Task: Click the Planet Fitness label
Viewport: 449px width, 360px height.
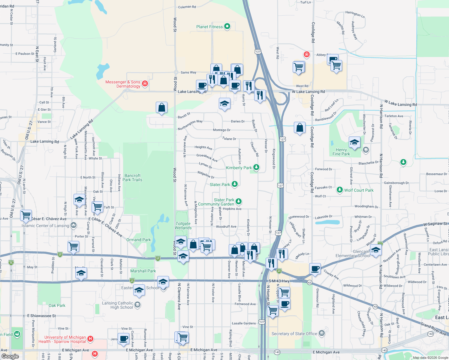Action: pyautogui.click(x=209, y=27)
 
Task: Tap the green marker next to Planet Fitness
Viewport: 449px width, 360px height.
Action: pyautogui.click(x=227, y=26)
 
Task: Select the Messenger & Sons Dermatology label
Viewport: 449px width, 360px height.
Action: pyautogui.click(x=123, y=84)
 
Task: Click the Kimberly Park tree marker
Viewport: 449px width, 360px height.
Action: pyautogui.click(x=256, y=167)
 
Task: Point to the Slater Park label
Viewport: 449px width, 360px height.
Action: pyautogui.click(x=220, y=184)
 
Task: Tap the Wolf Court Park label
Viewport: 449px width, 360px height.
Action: pyautogui.click(x=359, y=190)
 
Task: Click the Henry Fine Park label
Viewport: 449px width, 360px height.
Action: pyautogui.click(x=341, y=152)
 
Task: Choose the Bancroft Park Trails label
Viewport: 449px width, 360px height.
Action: pyautogui.click(x=132, y=178)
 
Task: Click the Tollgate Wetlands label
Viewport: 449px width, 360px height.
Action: pyautogui.click(x=183, y=226)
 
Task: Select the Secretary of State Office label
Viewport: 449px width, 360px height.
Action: pyautogui.click(x=294, y=334)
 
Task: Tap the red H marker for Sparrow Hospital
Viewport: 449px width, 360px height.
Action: pyautogui.click(x=90, y=339)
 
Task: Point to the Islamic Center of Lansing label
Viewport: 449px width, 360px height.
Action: pyautogui.click(x=45, y=226)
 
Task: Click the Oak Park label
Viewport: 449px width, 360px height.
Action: pyautogui.click(x=57, y=305)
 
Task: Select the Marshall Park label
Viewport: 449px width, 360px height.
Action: pyautogui.click(x=143, y=271)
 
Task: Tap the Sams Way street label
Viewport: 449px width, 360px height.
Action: pyautogui.click(x=188, y=72)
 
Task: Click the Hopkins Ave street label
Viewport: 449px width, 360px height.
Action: pyautogui.click(x=232, y=209)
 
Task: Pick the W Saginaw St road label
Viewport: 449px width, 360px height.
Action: pyautogui.click(x=435, y=224)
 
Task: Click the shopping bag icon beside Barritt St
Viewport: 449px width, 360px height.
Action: pyautogui.click(x=161, y=108)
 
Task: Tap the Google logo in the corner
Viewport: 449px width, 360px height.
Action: pyautogui.click(x=10, y=356)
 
